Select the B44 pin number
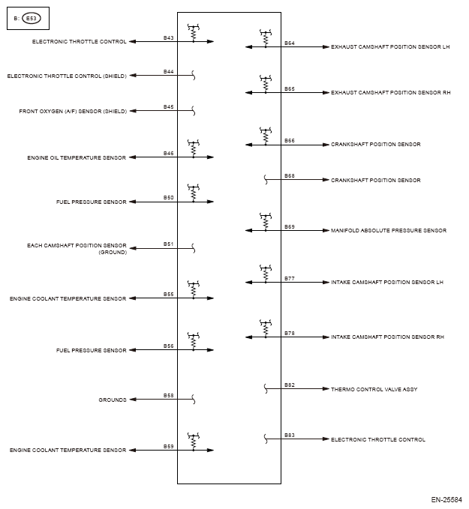(169, 71)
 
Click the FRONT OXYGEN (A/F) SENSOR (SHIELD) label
(73, 111)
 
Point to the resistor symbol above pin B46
(193, 148)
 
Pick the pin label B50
(169, 198)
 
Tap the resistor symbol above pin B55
(193, 289)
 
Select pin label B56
(169, 346)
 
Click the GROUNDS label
(113, 400)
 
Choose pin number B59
(169, 446)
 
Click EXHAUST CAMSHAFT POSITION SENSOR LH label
(390, 46)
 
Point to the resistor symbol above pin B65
(265, 82)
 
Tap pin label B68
(290, 176)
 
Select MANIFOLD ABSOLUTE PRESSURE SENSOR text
(389, 230)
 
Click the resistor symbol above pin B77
(265, 273)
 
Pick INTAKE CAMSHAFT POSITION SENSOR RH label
(387, 337)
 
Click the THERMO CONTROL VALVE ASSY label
(374, 390)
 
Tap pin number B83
(290, 436)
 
